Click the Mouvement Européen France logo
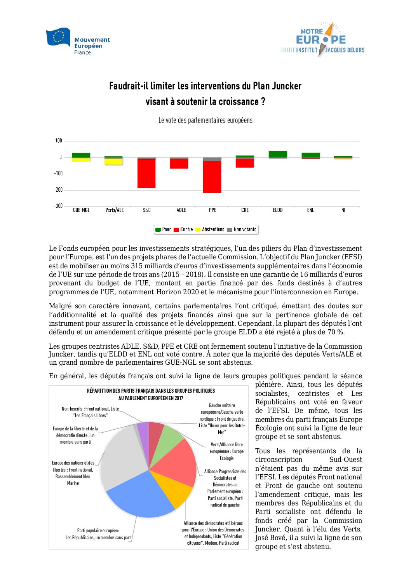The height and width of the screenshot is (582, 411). pyautogui.click(x=78, y=41)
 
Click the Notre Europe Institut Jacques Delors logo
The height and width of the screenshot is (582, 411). pyautogui.click(x=322, y=40)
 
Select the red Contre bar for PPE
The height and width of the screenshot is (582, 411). pyautogui.click(x=212, y=177)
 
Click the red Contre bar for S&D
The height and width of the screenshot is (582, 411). pyautogui.click(x=146, y=173)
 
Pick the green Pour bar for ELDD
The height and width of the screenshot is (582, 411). pyautogui.click(x=278, y=154)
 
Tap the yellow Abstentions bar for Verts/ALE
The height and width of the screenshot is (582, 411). pyautogui.click(x=114, y=161)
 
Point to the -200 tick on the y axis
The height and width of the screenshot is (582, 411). pyautogui.click(x=58, y=190)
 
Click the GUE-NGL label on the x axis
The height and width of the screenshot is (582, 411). pyautogui.click(x=81, y=210)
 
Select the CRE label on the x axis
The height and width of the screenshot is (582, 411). pyautogui.click(x=245, y=210)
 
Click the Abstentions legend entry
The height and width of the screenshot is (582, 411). pyautogui.click(x=210, y=230)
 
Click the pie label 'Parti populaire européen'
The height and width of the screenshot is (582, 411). pyautogui.click(x=98, y=530)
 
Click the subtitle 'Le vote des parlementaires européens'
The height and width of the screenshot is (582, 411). pyautogui.click(x=205, y=121)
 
